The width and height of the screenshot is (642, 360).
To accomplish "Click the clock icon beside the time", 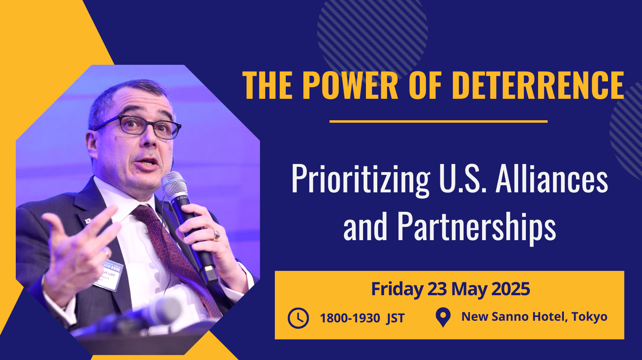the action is [x=298, y=318].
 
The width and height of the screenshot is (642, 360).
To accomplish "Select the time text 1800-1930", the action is [x=350, y=318].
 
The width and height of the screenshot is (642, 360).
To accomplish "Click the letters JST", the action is [x=395, y=318].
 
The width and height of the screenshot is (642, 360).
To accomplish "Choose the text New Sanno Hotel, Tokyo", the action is [x=534, y=317].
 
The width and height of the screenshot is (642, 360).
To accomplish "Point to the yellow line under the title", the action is [x=438, y=121].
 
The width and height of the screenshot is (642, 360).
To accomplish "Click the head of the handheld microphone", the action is [x=174, y=185].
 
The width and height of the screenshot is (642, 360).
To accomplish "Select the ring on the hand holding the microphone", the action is [x=217, y=235].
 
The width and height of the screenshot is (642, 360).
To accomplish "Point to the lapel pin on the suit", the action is [x=88, y=221].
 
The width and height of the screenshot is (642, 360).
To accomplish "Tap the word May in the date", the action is [x=469, y=290].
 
